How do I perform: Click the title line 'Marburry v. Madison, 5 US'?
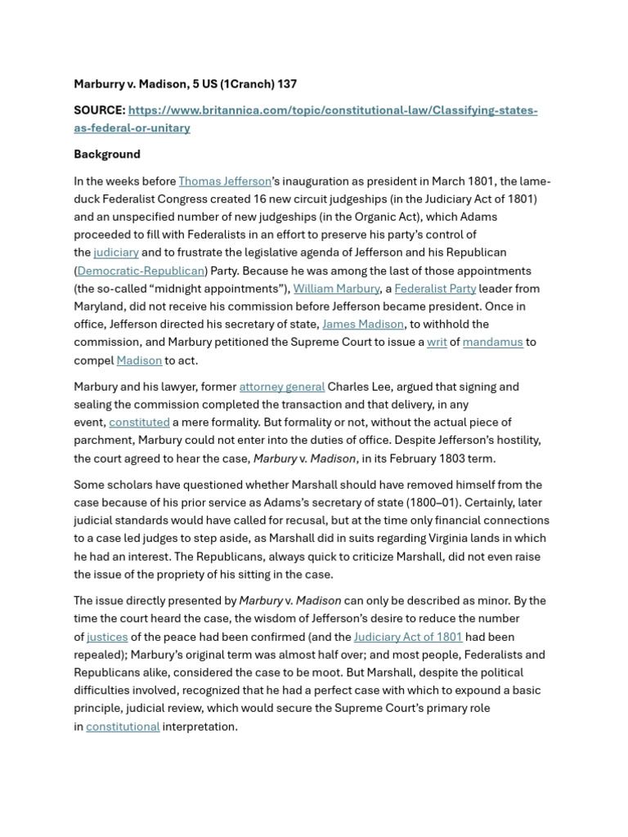tap(185, 84)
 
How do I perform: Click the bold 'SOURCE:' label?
tap(99, 110)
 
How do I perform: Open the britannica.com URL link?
tap(332, 110)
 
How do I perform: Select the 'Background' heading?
tap(107, 154)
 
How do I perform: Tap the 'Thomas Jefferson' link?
tap(225, 181)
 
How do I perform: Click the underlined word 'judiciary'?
tap(116, 253)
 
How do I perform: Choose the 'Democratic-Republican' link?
tap(141, 271)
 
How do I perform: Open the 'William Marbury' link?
tap(336, 289)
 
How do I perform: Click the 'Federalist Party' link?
tap(435, 289)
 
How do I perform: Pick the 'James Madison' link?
tap(362, 324)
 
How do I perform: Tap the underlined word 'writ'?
tap(437, 342)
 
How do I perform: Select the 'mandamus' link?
tap(492, 342)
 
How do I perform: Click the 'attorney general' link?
tap(282, 387)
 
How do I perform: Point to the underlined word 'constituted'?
tap(139, 423)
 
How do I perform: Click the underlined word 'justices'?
tap(107, 637)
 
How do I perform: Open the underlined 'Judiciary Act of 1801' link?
tap(408, 637)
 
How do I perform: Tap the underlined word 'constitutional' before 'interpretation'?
tap(123, 727)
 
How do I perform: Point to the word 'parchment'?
tap(100, 441)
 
